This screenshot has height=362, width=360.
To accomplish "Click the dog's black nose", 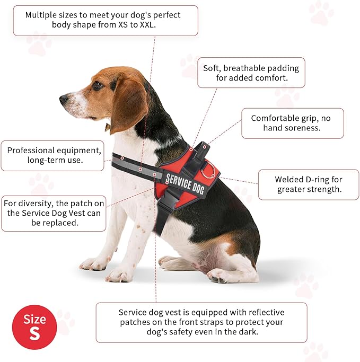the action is click(x=64, y=99).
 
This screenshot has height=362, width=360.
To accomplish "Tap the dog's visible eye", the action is click(x=97, y=85).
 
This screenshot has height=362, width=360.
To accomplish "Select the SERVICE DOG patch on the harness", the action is click(x=185, y=184).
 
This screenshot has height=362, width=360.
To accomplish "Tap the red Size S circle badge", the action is click(x=34, y=327).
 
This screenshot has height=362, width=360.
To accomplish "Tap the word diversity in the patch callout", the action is click(x=36, y=204).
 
